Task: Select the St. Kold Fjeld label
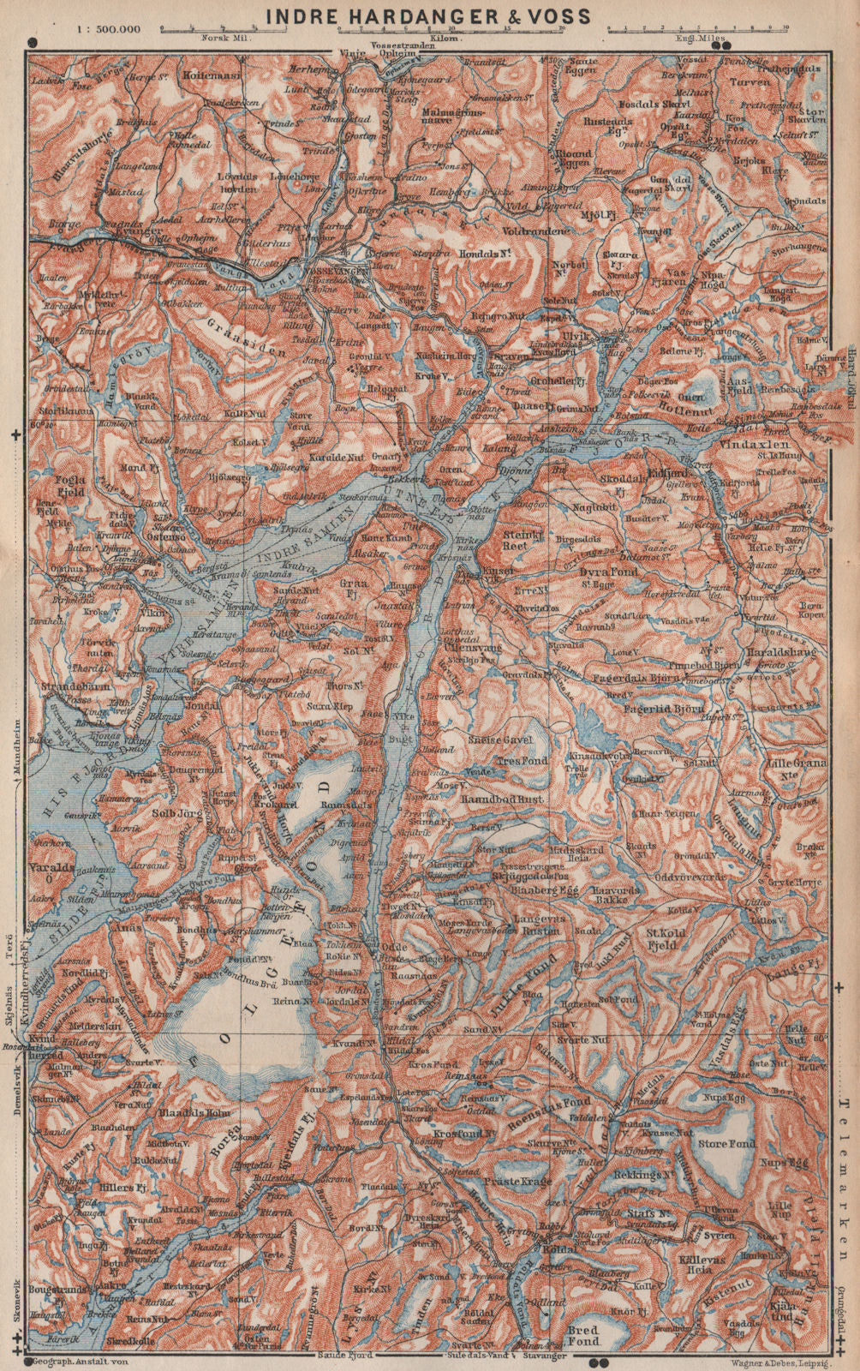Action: coord(676,939)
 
